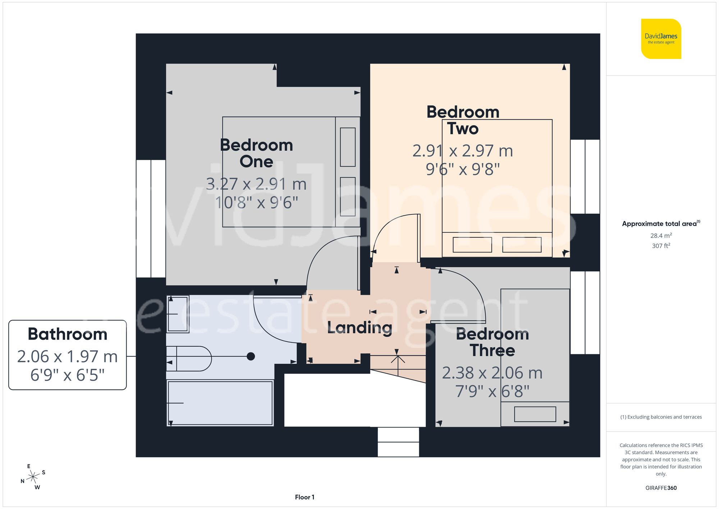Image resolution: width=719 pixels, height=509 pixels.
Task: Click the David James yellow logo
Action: (x=661, y=39)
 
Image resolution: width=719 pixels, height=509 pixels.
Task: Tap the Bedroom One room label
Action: (x=256, y=153)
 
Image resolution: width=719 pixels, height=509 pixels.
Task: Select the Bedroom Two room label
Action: (x=463, y=120)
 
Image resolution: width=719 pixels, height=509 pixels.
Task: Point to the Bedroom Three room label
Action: (x=493, y=342)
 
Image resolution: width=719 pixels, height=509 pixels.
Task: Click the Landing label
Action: (x=359, y=328)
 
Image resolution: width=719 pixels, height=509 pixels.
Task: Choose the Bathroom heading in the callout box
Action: (x=68, y=334)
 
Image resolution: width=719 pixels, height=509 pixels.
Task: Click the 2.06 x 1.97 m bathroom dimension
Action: (x=68, y=356)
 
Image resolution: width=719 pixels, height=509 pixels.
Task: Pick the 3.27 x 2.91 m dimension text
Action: (x=256, y=184)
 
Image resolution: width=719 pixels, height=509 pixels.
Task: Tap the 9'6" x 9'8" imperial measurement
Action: (x=463, y=169)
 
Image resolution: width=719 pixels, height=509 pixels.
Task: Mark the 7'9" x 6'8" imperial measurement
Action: (x=492, y=391)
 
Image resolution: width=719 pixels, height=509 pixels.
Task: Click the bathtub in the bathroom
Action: (x=220, y=403)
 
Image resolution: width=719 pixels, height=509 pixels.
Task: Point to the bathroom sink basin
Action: (x=178, y=314)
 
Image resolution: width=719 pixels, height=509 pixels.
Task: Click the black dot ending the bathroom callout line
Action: (x=251, y=356)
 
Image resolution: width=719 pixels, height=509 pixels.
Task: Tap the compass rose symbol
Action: (x=33, y=477)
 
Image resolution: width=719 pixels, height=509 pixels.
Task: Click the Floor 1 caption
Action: (x=304, y=497)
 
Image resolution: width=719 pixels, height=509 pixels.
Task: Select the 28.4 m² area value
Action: (x=661, y=236)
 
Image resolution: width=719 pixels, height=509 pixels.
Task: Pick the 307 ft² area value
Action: (x=661, y=246)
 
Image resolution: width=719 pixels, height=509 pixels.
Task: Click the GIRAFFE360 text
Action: (x=661, y=488)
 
